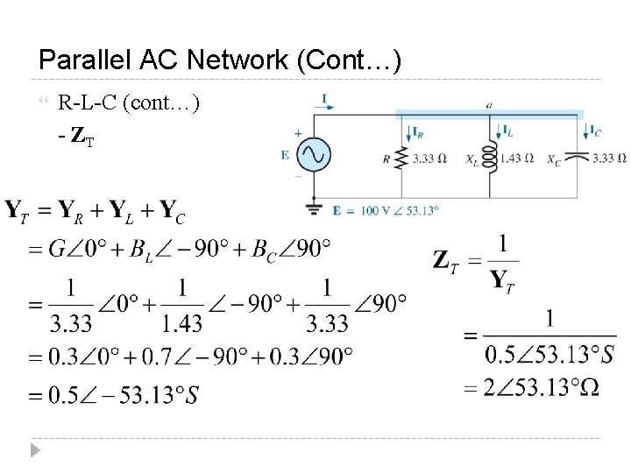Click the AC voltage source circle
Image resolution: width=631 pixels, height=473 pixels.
pos(313,156)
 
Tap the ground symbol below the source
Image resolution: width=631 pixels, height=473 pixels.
pos(313,208)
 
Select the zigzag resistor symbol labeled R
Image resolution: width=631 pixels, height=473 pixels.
pos(401,159)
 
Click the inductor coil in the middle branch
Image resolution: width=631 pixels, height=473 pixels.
pos(491,159)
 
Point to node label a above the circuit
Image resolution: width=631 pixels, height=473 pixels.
pos(488,105)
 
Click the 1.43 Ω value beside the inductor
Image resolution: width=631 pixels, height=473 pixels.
pos(516,159)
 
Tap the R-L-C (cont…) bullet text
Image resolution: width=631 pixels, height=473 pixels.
pos(129,103)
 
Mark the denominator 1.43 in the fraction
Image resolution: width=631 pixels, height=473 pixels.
pos(181,324)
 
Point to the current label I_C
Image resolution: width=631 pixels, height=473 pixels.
pos(595,131)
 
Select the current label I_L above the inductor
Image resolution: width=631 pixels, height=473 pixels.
pos(507,131)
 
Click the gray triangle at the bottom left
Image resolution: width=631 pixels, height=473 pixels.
pos(34,451)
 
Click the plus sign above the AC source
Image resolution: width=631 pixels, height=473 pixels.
pos(298,134)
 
